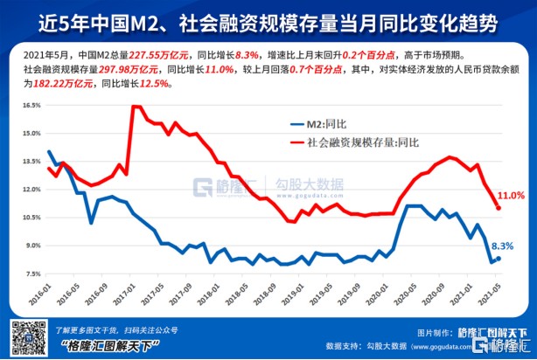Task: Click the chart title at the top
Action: pyautogui.click(x=268, y=19)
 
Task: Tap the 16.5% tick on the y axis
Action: pyautogui.click(x=31, y=105)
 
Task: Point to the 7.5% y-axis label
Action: pyautogui.click(x=32, y=274)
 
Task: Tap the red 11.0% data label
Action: pyautogui.click(x=511, y=195)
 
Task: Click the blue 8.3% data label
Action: pyautogui.click(x=501, y=246)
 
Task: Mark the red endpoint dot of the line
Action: pyautogui.click(x=499, y=208)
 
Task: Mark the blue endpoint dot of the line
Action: pyautogui.click(x=499, y=258)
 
